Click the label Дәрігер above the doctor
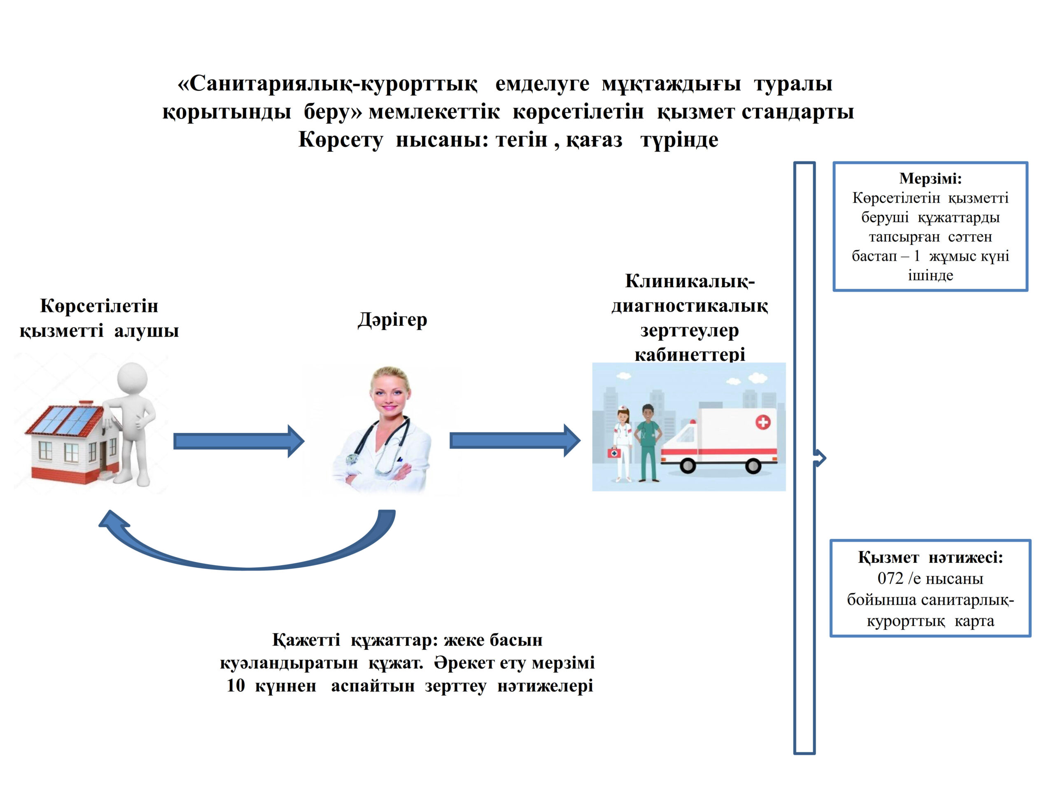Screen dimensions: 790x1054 click(392, 320)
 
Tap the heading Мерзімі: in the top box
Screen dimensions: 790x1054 click(930, 179)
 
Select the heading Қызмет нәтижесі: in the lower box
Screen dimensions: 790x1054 click(930, 557)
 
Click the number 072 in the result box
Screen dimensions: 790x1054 click(890, 579)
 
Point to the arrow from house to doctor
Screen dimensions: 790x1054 click(238, 441)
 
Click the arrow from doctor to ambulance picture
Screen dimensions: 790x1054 click(515, 441)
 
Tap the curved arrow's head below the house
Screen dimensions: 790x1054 click(112, 521)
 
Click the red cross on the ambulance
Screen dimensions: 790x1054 click(763, 422)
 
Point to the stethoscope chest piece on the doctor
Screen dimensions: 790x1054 click(352, 459)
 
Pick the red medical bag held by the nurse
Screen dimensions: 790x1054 click(614, 452)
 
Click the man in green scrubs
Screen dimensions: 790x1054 click(648, 441)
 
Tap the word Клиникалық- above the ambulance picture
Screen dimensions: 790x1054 click(690, 281)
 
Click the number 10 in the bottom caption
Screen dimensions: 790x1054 click(236, 686)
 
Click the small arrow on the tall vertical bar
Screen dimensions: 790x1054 click(820, 458)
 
